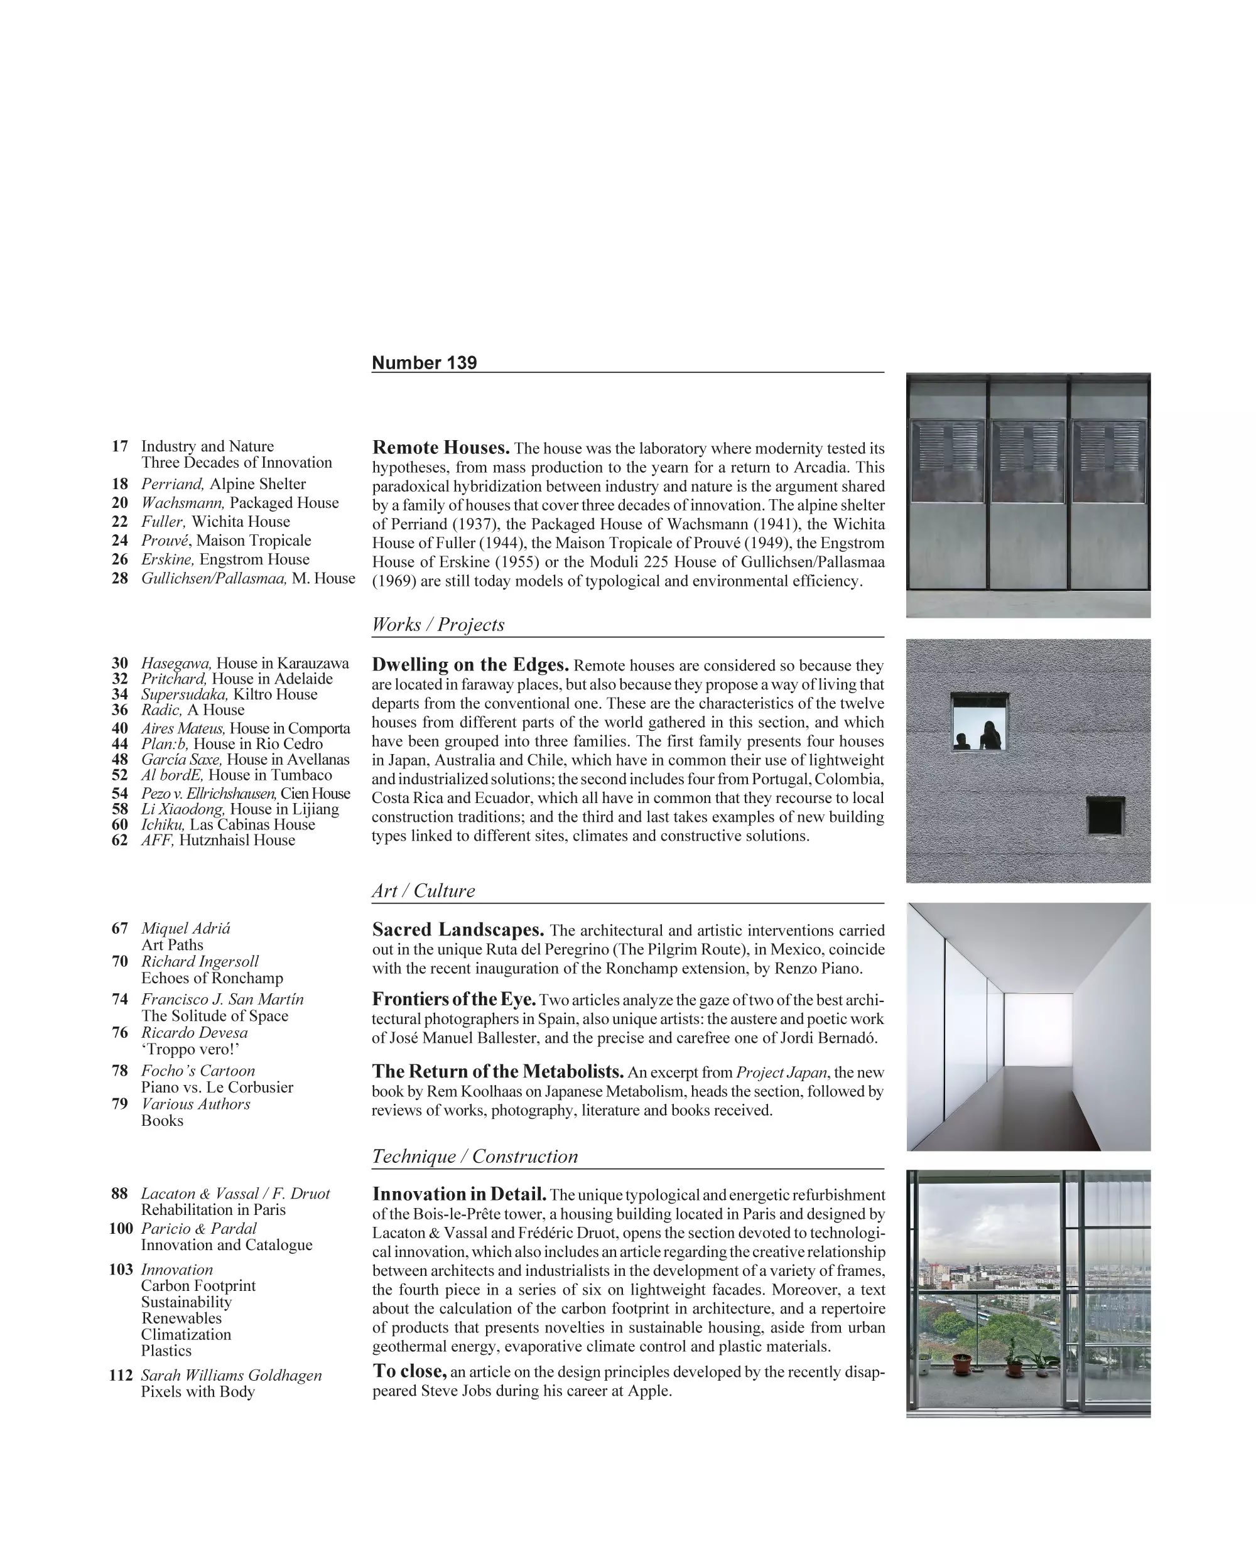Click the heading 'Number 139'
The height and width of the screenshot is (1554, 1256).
coord(424,363)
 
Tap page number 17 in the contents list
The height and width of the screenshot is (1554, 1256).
coord(119,446)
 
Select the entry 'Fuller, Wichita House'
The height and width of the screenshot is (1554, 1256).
coord(215,522)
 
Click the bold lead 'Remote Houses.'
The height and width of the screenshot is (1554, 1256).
coord(441,448)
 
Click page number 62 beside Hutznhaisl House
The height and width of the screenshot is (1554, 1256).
coord(119,840)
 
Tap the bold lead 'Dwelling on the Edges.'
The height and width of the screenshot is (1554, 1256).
coord(470,665)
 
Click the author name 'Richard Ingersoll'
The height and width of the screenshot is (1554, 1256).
coord(200,961)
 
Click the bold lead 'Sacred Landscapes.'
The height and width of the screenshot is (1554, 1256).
coord(458,930)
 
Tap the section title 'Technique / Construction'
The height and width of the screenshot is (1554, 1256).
coord(475,1156)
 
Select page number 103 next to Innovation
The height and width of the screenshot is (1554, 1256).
coord(121,1270)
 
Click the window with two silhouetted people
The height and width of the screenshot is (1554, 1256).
coord(979,722)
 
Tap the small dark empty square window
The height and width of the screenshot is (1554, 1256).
coord(1105,816)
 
